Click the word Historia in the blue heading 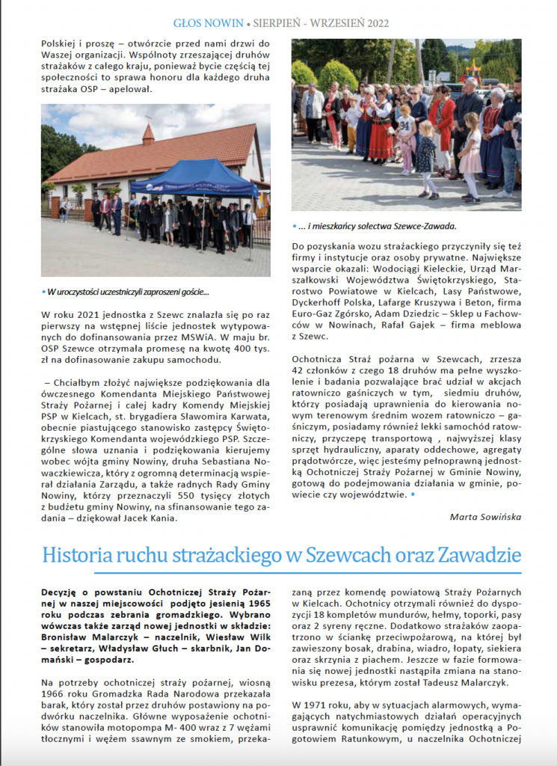coord(74,557)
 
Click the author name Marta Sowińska coord(485,516)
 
